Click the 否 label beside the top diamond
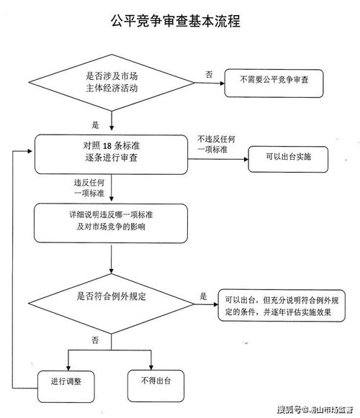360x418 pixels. [x=209, y=74]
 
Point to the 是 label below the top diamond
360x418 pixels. [x=95, y=124]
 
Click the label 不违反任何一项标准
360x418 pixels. [x=215, y=143]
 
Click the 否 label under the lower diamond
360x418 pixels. [x=94, y=338]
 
